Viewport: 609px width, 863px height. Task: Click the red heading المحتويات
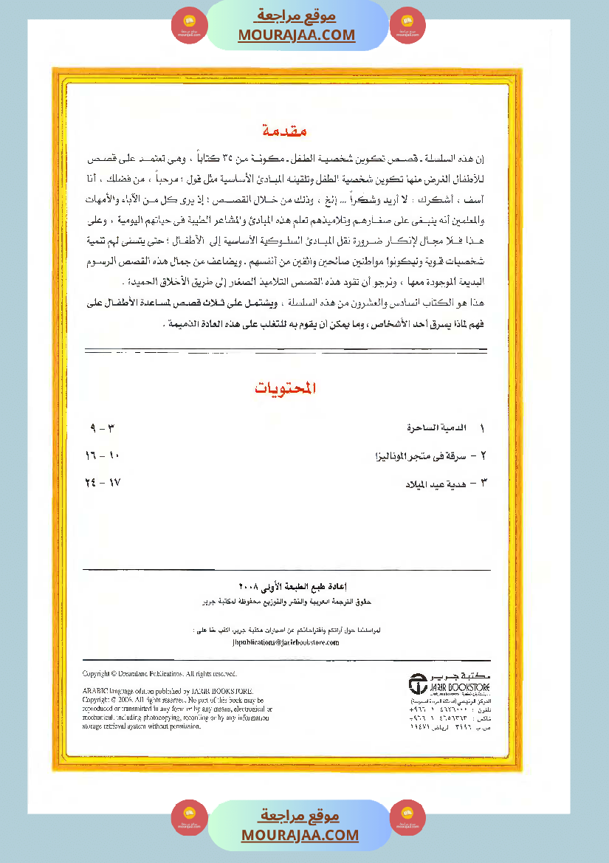click(285, 389)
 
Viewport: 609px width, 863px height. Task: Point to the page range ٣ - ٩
click(103, 428)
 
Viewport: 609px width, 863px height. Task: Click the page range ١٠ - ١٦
click(103, 456)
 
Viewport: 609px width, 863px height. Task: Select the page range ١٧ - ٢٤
click(103, 484)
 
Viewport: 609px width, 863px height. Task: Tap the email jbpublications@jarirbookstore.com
click(285, 642)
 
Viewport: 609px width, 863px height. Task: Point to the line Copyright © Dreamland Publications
click(159, 674)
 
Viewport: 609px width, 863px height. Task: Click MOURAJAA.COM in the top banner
click(297, 35)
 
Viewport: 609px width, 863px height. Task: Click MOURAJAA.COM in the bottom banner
click(300, 835)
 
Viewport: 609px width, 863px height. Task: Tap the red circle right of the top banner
click(407, 25)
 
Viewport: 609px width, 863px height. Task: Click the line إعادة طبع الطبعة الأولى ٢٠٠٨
click(285, 587)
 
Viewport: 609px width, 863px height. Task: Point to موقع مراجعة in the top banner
click(297, 16)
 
